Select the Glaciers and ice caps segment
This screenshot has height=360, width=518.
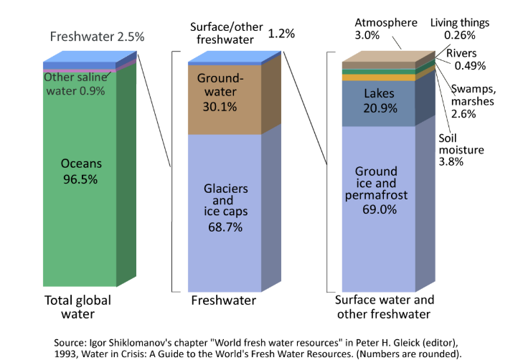[x=224, y=208]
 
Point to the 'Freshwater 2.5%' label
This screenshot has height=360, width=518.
[x=98, y=37]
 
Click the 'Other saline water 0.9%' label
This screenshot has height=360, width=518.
[x=75, y=84]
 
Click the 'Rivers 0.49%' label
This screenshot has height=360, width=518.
[x=466, y=60]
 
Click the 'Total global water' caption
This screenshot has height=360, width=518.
[x=78, y=307]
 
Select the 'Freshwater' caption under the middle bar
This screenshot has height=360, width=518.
[x=223, y=300]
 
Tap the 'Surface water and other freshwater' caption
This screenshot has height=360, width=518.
[x=385, y=307]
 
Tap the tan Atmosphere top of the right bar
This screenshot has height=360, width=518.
[x=387, y=57]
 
